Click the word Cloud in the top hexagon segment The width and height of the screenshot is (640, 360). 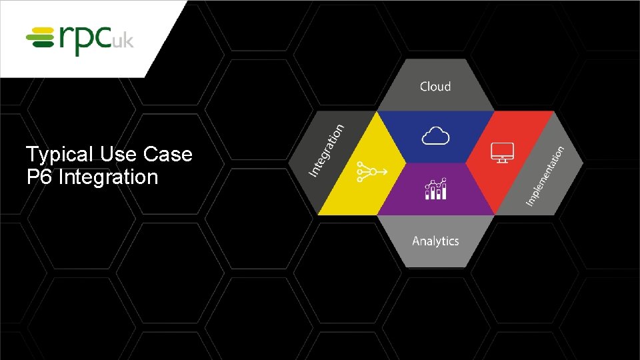click(435, 87)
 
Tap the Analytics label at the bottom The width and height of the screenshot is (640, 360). click(435, 241)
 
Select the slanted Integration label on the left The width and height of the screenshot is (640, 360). click(327, 151)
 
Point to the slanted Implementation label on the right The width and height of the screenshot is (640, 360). click(545, 175)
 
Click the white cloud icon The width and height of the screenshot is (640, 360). click(435, 137)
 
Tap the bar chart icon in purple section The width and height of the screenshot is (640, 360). click(435, 189)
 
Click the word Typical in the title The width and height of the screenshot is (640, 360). click(59, 155)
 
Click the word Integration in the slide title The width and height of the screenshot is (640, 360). click(108, 178)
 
